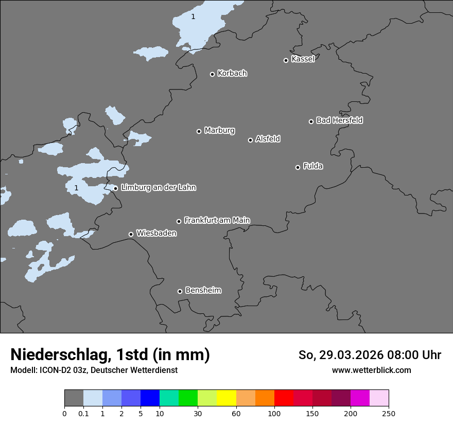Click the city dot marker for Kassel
pyautogui.click(x=286, y=60)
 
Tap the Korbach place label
pyautogui.click(x=232, y=73)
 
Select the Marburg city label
pyautogui.click(x=219, y=130)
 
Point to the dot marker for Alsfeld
pyautogui.click(x=250, y=140)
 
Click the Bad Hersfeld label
pyautogui.click(x=339, y=120)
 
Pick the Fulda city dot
pyautogui.click(x=298, y=167)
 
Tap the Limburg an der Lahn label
pyautogui.click(x=158, y=187)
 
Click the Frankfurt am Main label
pyautogui.click(x=217, y=220)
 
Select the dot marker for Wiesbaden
pyautogui.click(x=131, y=234)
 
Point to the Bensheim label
pyautogui.click(x=203, y=290)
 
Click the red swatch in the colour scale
pyautogui.click(x=284, y=398)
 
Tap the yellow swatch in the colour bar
pyautogui.click(x=226, y=398)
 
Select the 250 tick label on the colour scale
pyautogui.click(x=388, y=413)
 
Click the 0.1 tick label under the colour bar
pyautogui.click(x=83, y=413)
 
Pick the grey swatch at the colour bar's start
pyautogui.click(x=74, y=398)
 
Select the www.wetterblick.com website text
pyautogui.click(x=371, y=370)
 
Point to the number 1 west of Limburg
pyautogui.click(x=76, y=188)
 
